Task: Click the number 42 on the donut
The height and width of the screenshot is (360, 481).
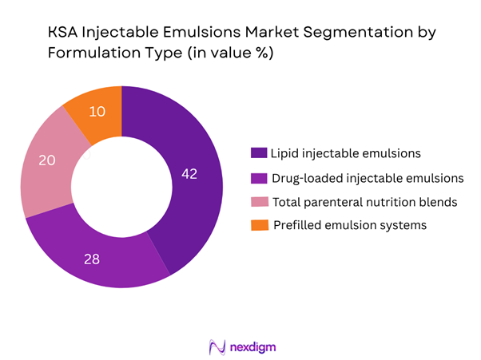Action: tap(189, 173)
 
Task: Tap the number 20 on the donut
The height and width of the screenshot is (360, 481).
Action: tap(47, 160)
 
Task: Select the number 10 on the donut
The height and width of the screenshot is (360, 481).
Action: tap(96, 112)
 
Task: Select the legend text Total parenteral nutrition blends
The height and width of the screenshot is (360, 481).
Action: tap(364, 201)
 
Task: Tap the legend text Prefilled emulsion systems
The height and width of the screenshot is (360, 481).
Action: tap(350, 225)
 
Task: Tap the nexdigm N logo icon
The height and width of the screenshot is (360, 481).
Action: tap(216, 347)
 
